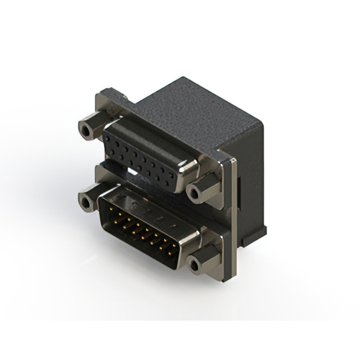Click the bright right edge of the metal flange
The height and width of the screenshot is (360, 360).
(x=229, y=219)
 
